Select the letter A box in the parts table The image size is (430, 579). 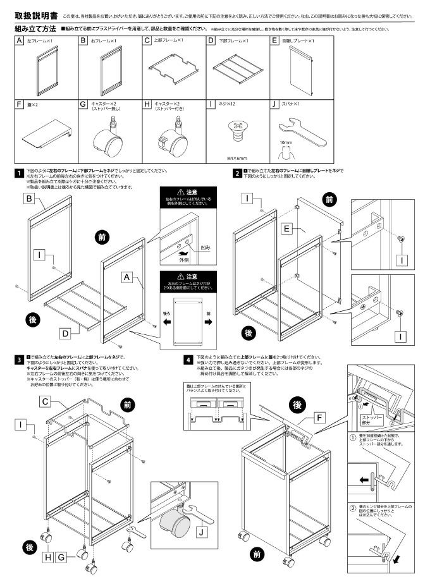pyautogui.click(x=20, y=40)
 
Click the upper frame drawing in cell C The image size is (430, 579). pyautogui.click(x=171, y=68)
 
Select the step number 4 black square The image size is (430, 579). pyautogui.click(x=188, y=360)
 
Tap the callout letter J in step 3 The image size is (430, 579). pyautogui.click(x=201, y=532)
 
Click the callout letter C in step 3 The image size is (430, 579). pyautogui.click(x=45, y=401)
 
